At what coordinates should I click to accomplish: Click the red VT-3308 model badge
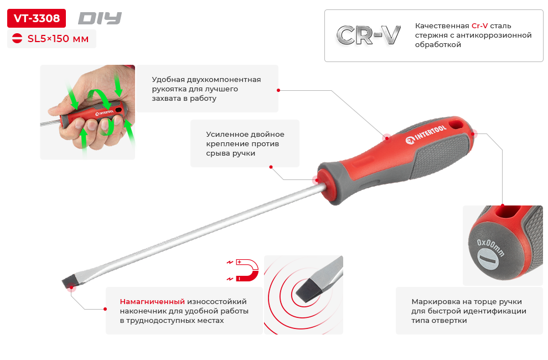[x=37, y=18]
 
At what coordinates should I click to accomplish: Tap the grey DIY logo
[x=100, y=18]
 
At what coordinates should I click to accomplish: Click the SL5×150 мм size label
[x=58, y=38]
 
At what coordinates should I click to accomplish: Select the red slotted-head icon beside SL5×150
[x=17, y=38]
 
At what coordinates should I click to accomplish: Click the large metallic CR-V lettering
[x=368, y=35]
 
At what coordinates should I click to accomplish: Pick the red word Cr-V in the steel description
[x=479, y=26]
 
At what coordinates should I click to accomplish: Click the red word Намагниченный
[x=152, y=302]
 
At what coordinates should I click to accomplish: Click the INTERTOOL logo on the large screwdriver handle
[x=426, y=134]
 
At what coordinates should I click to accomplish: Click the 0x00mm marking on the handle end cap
[x=490, y=248]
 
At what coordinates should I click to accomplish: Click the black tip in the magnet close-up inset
[x=307, y=290]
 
